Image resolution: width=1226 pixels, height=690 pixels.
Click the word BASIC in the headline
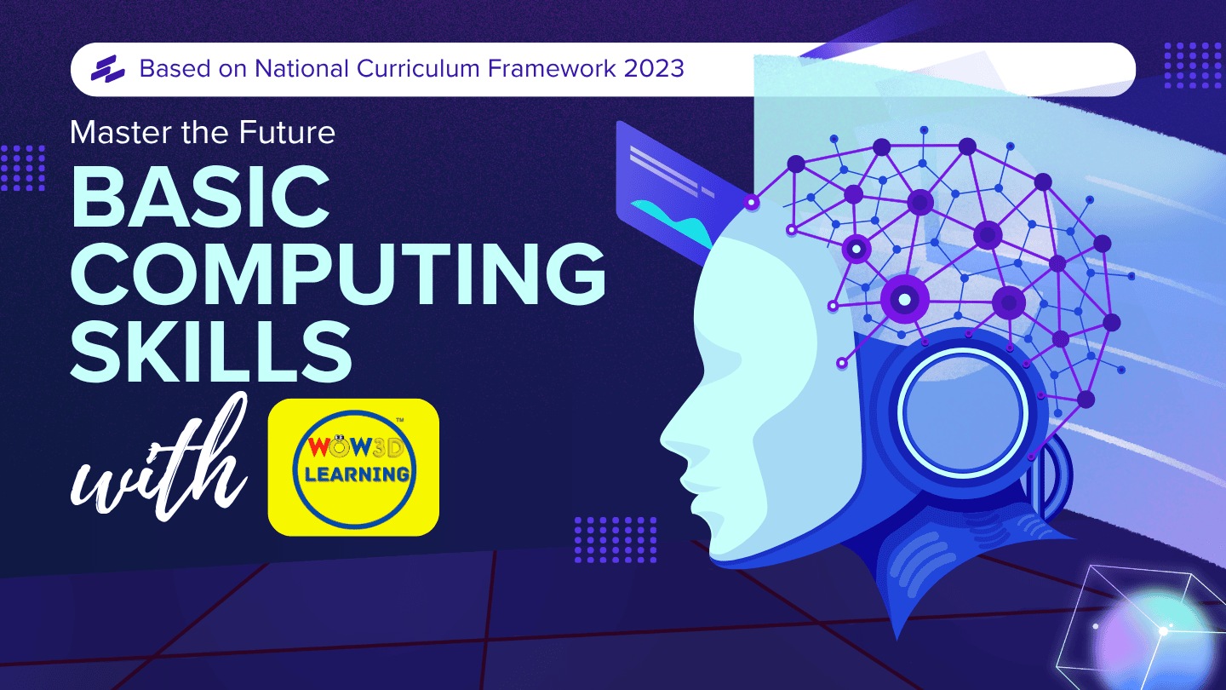tap(200, 196)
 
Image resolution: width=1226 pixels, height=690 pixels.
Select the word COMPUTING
tap(338, 273)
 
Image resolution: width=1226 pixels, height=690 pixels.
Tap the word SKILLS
tap(211, 350)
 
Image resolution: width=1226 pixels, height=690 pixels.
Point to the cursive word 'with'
tap(158, 457)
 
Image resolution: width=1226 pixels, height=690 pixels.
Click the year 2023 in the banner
tap(654, 68)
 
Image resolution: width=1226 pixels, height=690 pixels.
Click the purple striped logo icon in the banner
tap(108, 69)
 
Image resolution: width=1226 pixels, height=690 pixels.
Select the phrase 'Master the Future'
tap(203, 133)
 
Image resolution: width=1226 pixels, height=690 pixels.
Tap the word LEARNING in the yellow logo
tap(357, 474)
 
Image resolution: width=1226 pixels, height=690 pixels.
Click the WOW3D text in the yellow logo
tap(356, 447)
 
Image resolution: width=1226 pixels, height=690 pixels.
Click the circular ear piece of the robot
tap(963, 411)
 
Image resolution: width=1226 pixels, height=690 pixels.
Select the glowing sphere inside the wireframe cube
tap(1154, 641)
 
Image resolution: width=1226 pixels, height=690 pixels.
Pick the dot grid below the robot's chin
tap(616, 540)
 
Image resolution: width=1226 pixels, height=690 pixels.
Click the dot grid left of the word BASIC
tap(23, 168)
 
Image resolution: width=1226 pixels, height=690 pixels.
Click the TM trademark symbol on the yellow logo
tap(399, 420)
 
